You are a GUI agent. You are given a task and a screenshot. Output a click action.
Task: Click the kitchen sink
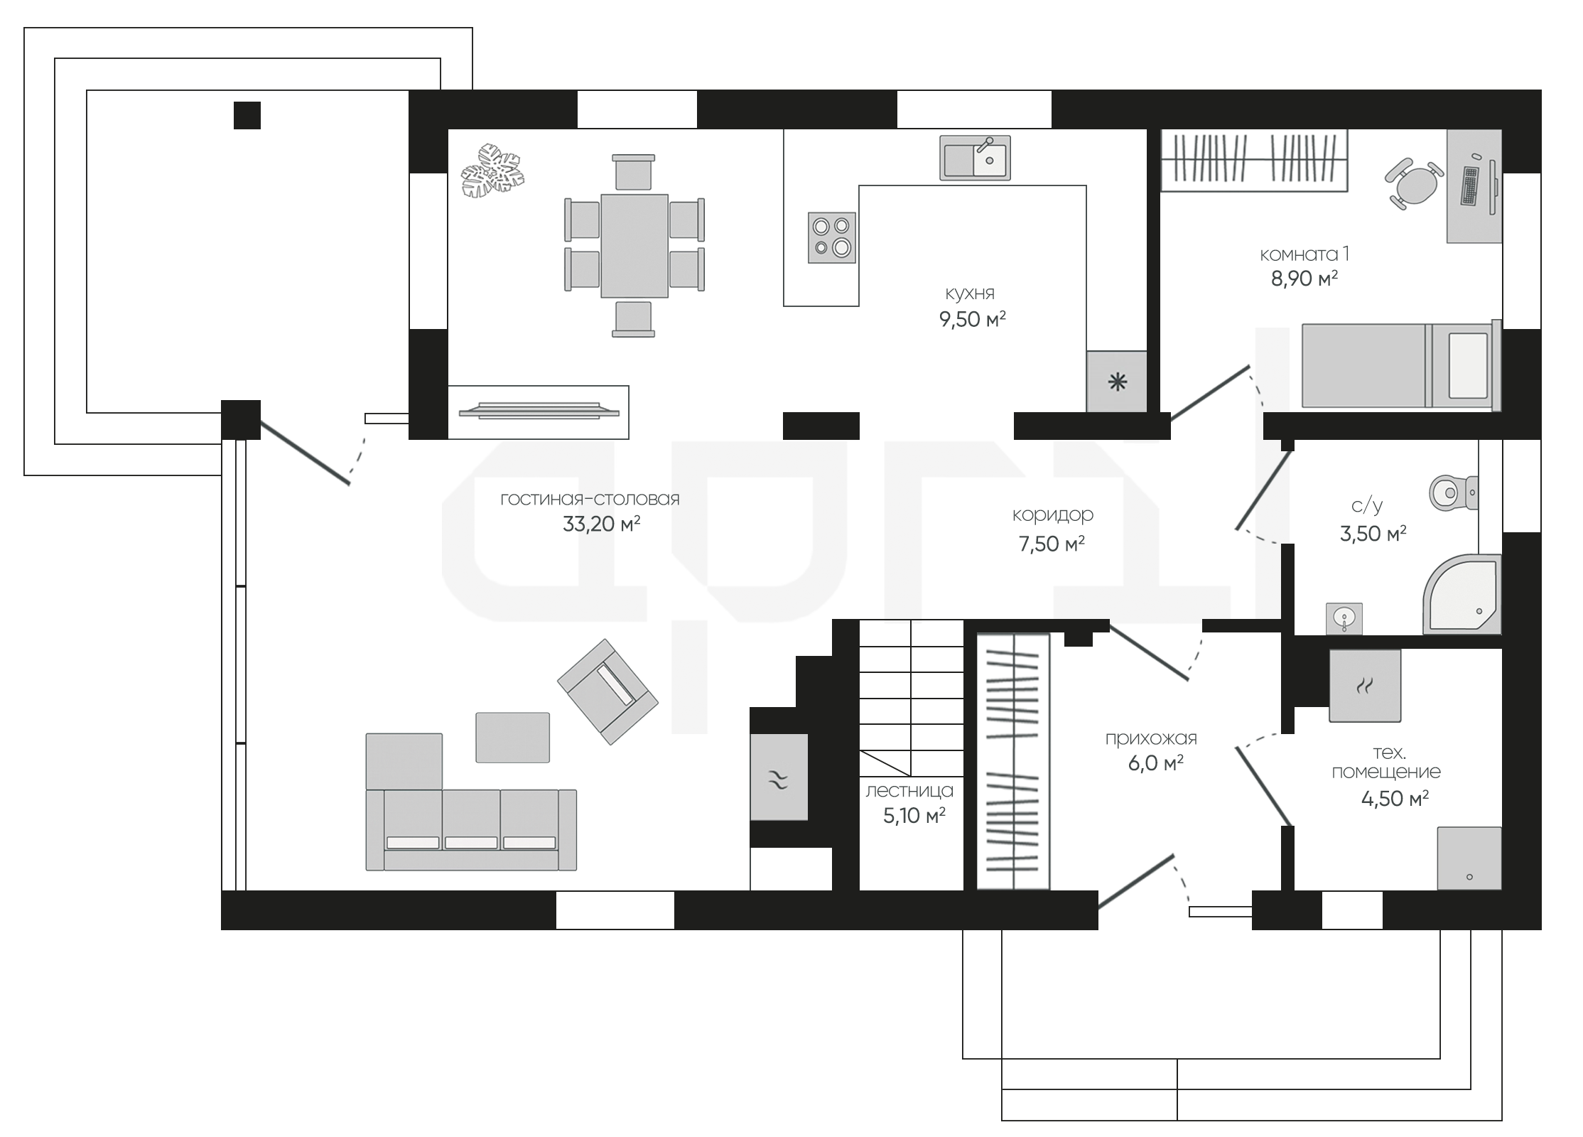(976, 158)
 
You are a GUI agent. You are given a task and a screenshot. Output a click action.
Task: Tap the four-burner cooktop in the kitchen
(832, 237)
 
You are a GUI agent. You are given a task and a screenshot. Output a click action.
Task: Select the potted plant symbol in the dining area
(492, 170)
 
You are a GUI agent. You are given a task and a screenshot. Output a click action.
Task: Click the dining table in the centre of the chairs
(634, 246)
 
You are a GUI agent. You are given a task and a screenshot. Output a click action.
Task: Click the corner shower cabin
(1463, 594)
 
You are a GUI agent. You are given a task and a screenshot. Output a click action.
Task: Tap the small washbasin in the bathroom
(1344, 618)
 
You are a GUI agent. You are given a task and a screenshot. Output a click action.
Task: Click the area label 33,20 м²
(601, 524)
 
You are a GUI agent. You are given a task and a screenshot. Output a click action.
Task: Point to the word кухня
(970, 293)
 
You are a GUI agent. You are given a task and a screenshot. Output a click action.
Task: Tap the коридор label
(1053, 514)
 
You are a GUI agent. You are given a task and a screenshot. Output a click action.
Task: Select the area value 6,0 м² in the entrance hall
(1155, 763)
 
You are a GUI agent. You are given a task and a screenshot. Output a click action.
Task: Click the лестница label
(909, 791)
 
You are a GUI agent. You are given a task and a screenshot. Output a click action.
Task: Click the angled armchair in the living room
(607, 691)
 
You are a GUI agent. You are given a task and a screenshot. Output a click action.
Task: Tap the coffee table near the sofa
(512, 738)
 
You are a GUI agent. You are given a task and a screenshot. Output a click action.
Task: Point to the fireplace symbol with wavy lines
(779, 777)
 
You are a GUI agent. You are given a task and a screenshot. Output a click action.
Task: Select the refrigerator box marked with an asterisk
(1117, 382)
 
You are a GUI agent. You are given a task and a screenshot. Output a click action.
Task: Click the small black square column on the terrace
(247, 115)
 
